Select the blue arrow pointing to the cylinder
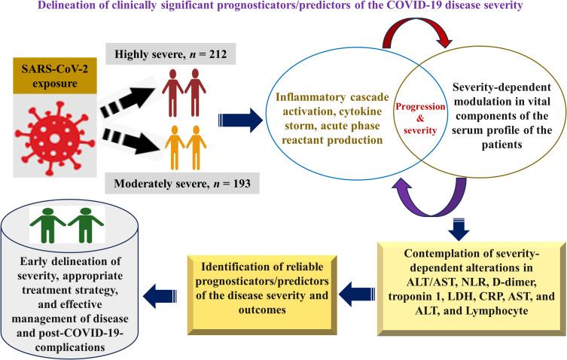(x=162, y=294)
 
